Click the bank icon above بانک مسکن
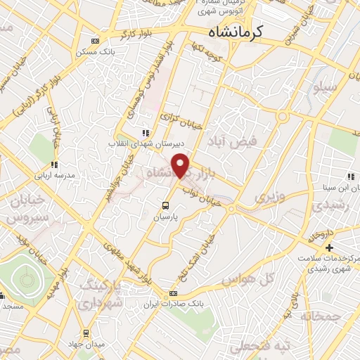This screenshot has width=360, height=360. coord(96,41)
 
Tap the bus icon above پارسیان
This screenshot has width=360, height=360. coord(165,206)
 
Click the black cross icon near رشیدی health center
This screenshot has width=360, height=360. coord(328,248)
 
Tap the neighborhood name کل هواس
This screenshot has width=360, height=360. coord(247,279)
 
